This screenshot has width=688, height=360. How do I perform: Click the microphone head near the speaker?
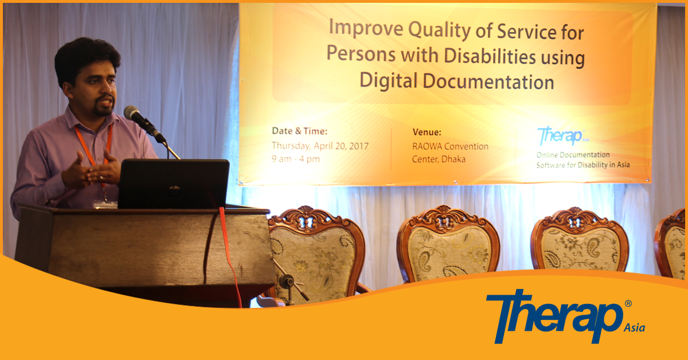(x=132, y=112)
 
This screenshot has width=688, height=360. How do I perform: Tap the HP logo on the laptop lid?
(x=174, y=191)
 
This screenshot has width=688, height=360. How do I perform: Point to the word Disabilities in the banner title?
(x=490, y=56)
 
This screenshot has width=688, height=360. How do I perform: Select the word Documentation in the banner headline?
(x=488, y=82)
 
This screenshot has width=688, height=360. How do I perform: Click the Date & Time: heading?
(x=299, y=131)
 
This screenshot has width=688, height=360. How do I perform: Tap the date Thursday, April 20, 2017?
(x=320, y=146)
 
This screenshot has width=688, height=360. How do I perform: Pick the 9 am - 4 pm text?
(x=295, y=159)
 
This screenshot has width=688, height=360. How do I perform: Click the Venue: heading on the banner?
(x=427, y=132)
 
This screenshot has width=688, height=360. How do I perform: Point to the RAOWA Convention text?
(x=450, y=146)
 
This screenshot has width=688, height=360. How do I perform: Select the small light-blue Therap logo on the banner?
(x=562, y=135)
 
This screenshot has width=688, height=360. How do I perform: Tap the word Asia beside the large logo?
(x=634, y=328)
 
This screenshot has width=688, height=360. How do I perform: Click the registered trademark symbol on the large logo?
(x=628, y=303)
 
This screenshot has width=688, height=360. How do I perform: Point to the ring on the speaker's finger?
(x=101, y=178)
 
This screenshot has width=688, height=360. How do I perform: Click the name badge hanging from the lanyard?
(x=105, y=204)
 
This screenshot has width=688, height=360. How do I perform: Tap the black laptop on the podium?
(x=174, y=183)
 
